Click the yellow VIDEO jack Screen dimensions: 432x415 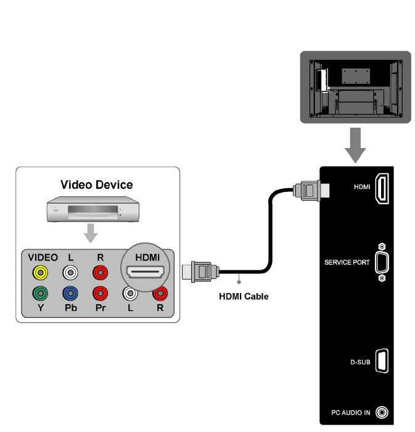[x=41, y=272]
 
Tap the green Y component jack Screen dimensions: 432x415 [x=41, y=293]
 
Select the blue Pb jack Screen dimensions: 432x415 [x=70, y=293]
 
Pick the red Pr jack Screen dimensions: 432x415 [x=99, y=293]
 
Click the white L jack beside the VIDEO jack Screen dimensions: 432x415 [x=70, y=272]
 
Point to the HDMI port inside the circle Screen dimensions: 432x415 [x=144, y=273]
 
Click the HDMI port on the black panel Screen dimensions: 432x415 [x=382, y=188]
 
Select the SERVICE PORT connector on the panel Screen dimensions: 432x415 [x=382, y=262]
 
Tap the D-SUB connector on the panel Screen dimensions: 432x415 [x=382, y=361]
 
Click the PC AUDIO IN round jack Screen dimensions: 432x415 [x=384, y=412]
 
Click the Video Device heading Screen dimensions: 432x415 [x=96, y=185]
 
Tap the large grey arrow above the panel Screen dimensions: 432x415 [x=355, y=145]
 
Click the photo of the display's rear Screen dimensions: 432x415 [x=355, y=86]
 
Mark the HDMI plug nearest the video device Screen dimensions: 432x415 [x=200, y=270]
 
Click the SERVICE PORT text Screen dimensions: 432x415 [x=347, y=262]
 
